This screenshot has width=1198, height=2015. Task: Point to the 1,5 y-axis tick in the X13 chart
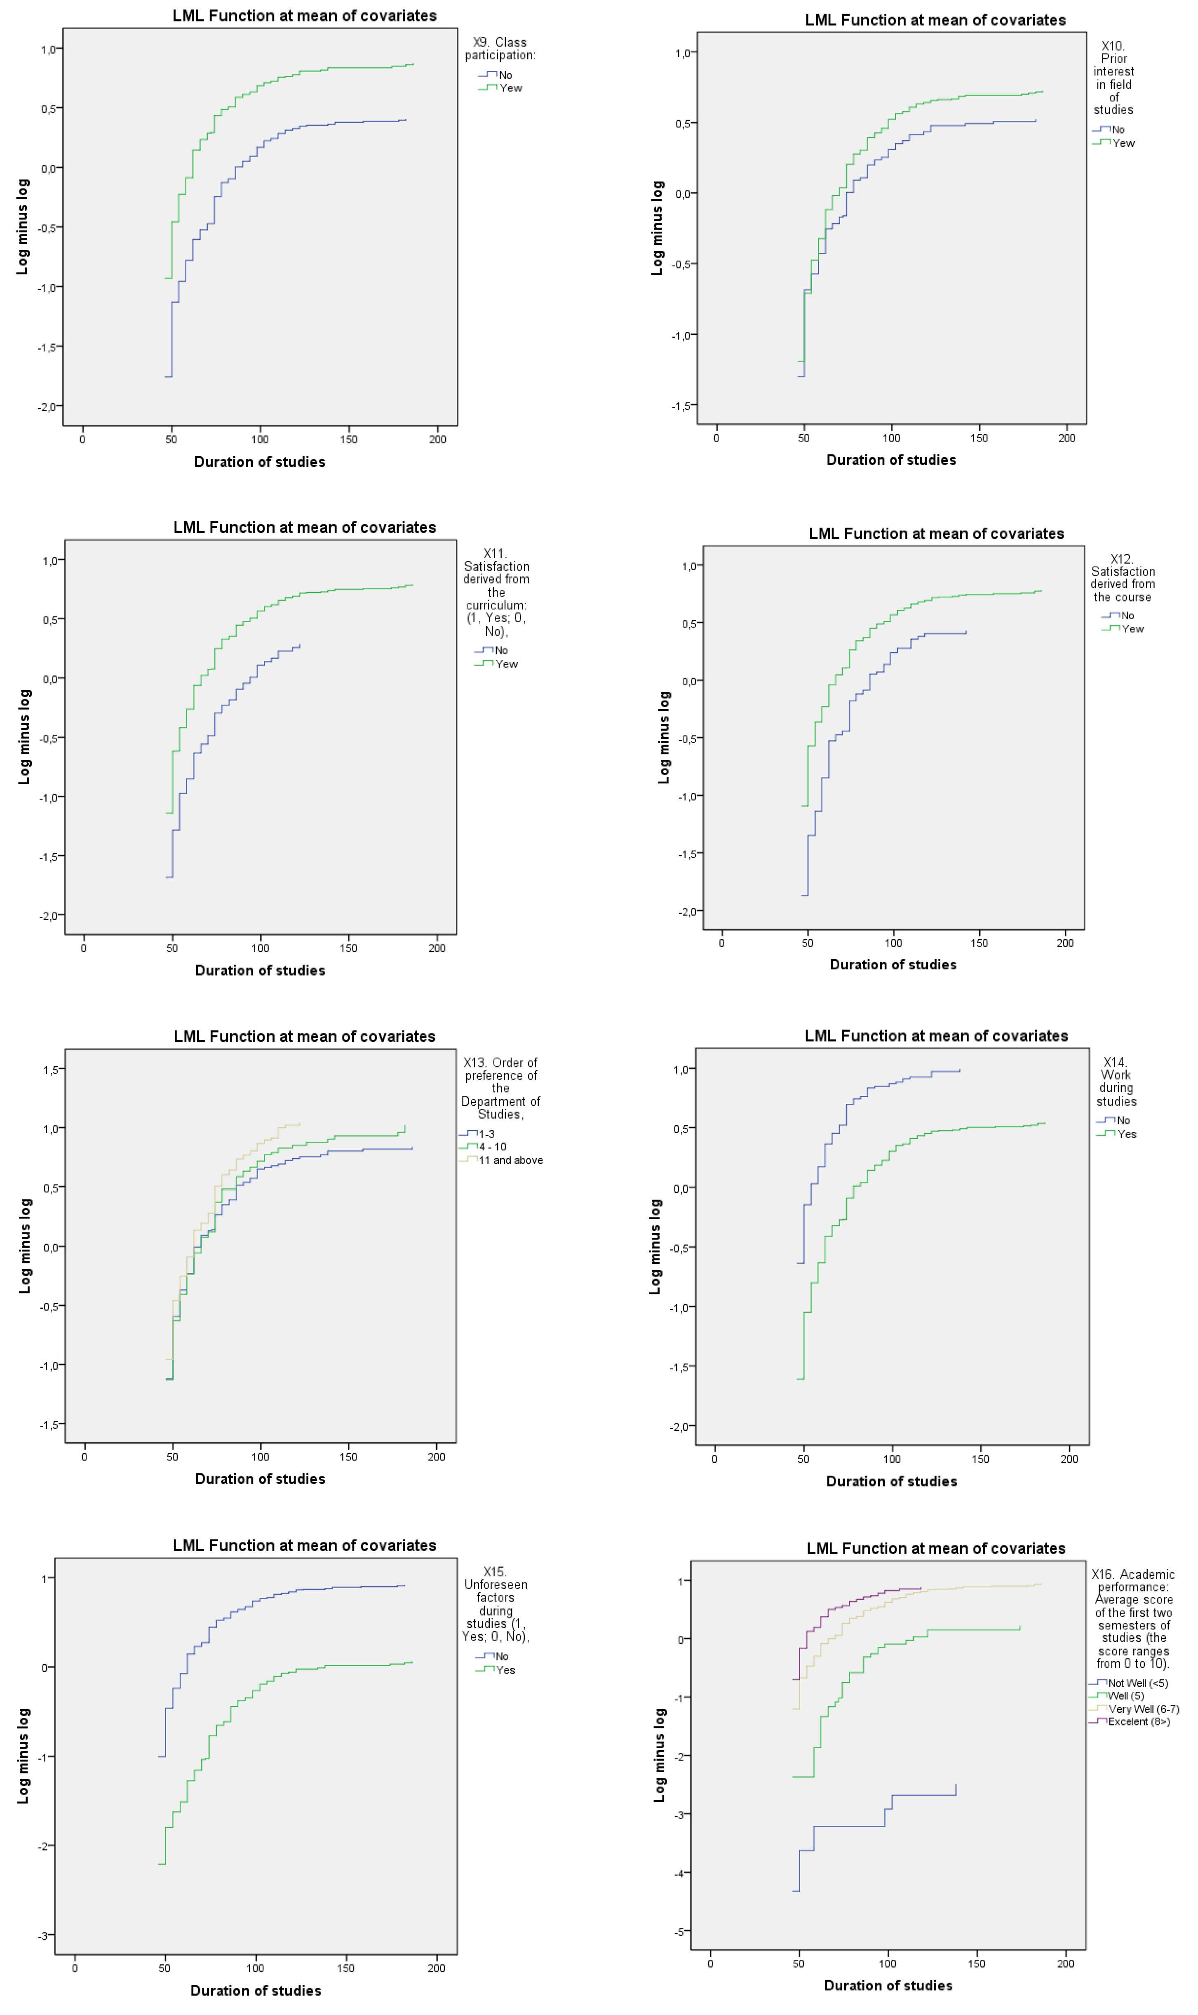pos(50,1070)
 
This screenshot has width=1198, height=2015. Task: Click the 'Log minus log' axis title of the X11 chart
pos(24,736)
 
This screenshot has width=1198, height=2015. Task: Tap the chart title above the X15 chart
pos(304,1545)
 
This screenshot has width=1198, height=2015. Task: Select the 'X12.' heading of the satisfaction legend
pos(1121,559)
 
